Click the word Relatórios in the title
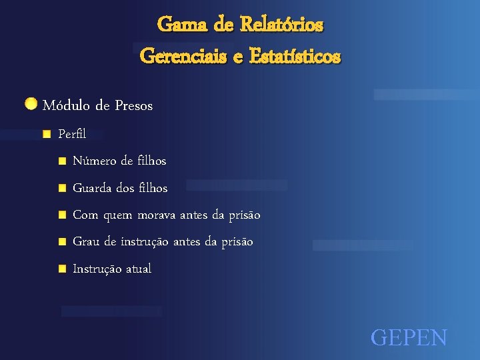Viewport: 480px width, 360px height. (x=281, y=25)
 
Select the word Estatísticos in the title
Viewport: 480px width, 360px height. (x=295, y=57)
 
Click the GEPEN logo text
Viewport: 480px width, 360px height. (x=409, y=337)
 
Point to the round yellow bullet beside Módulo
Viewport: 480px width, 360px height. (x=31, y=103)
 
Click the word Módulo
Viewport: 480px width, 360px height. (x=66, y=105)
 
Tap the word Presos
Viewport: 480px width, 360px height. (x=133, y=105)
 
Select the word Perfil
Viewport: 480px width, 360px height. (x=72, y=134)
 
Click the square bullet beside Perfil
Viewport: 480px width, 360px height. (x=46, y=134)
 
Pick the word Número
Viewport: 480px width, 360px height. (x=93, y=161)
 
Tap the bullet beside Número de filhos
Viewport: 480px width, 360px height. (x=62, y=161)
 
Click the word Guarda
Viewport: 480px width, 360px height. (x=93, y=188)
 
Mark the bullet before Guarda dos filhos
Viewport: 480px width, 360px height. (x=62, y=188)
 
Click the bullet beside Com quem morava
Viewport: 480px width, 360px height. (x=62, y=215)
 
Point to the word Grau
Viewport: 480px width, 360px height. (x=86, y=242)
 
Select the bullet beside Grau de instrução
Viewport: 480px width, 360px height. (x=62, y=242)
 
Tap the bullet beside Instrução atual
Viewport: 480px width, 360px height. (x=62, y=269)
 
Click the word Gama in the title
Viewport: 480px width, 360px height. (x=175, y=25)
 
